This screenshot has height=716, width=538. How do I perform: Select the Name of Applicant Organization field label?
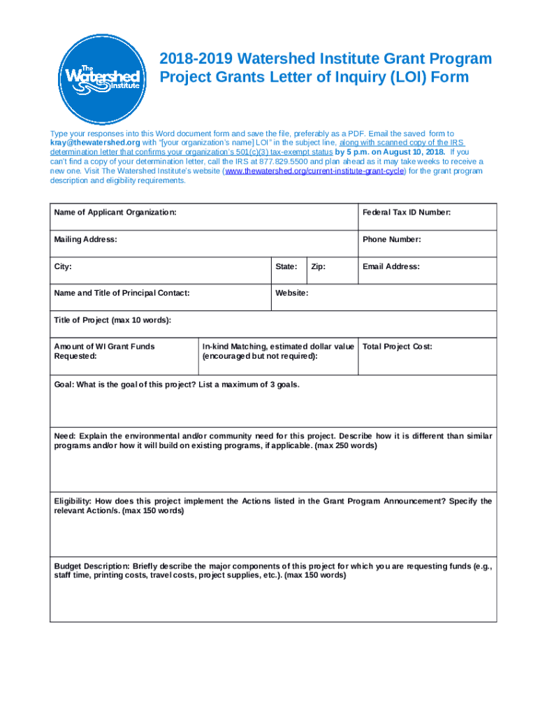[115, 212]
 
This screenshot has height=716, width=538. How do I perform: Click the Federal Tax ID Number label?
[407, 212]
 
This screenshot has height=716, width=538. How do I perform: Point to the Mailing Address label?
[85, 239]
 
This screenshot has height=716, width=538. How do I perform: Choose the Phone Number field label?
[391, 239]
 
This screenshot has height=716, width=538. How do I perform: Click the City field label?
[63, 266]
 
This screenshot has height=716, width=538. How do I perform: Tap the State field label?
[287, 266]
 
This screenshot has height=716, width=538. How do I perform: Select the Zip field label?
[319, 266]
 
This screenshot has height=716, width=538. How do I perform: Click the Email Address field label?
[391, 266]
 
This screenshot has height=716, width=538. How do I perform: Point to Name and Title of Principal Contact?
[122, 293]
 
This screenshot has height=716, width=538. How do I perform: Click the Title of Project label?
[112, 320]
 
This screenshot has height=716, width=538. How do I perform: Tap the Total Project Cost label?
[398, 346]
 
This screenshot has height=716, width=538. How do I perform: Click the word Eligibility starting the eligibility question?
[73, 501]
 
